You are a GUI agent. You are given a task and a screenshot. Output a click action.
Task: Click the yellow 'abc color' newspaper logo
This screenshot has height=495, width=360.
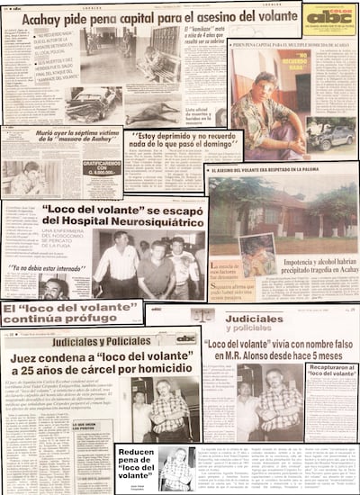coord(329,18)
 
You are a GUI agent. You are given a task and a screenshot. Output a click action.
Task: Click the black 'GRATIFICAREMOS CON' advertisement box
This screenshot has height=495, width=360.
coord(101,168)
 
